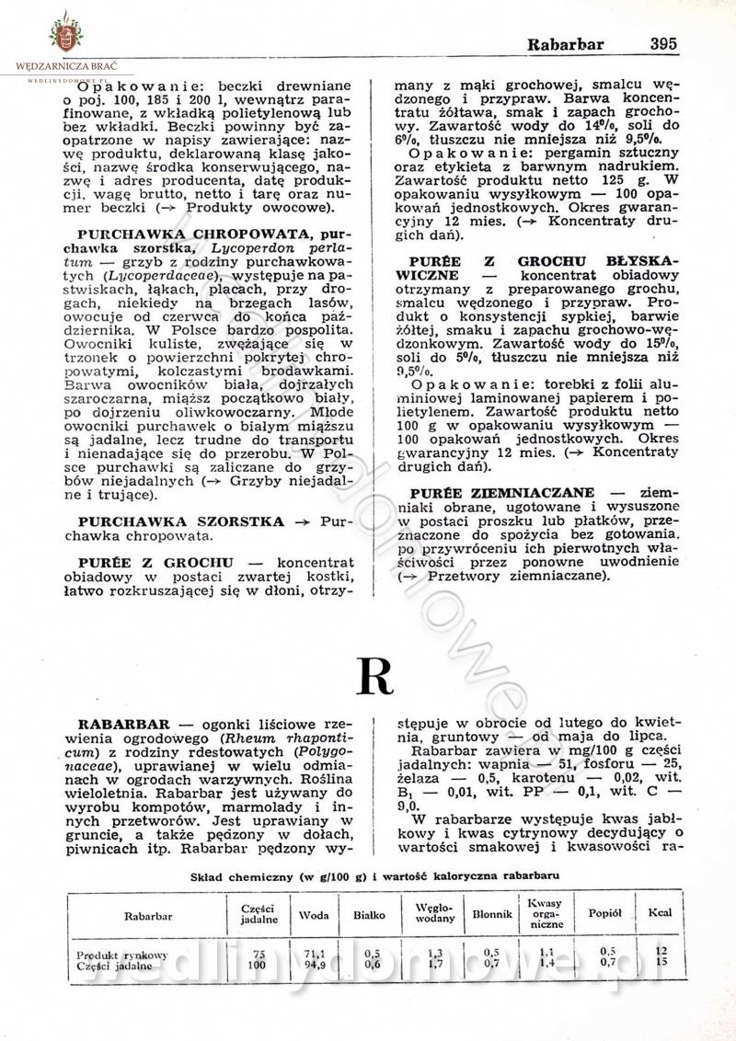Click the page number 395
point(662,43)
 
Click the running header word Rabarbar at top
point(565,43)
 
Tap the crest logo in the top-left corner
point(65,33)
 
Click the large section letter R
point(374,678)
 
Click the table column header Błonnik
point(491,915)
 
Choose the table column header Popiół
point(605,914)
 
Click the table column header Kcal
point(660,914)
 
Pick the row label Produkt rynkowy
point(122,955)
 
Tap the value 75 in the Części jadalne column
point(259,955)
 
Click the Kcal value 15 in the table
point(660,963)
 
